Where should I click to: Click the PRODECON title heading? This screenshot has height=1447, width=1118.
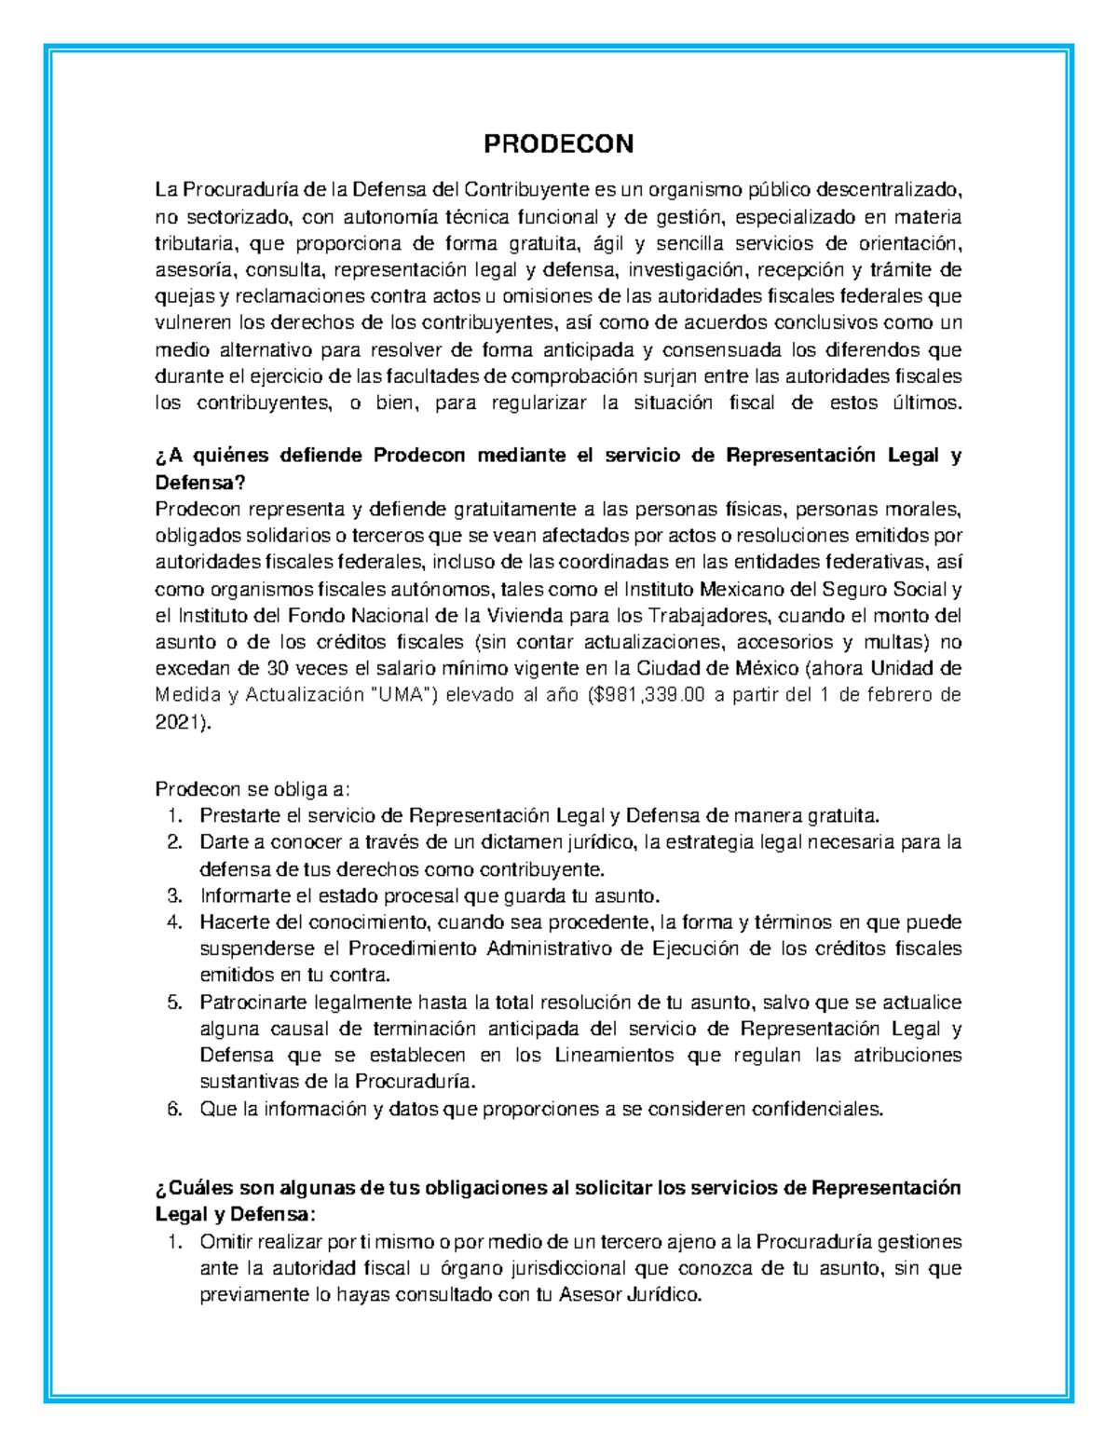point(558,143)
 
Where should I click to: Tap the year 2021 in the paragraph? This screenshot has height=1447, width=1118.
point(181,723)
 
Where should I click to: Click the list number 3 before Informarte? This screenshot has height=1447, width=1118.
point(175,896)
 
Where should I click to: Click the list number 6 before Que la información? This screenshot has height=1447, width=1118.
point(175,1109)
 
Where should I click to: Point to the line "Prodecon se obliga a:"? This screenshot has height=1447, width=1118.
point(252,789)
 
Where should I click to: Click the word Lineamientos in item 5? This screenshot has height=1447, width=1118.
point(614,1056)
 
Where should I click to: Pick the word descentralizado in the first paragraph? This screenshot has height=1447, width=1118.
point(889,190)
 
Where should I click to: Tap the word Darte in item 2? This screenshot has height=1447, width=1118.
point(220,842)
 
